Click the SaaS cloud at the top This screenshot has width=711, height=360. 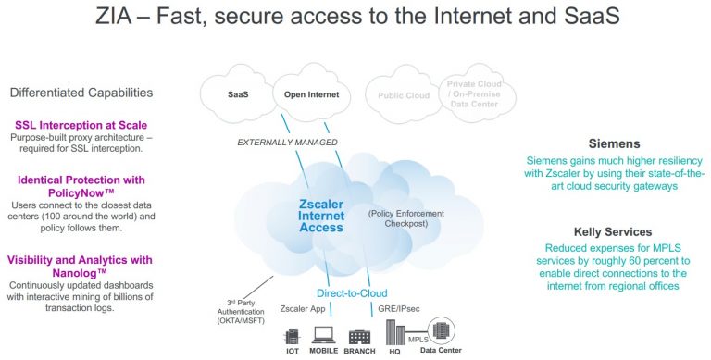click(x=239, y=94)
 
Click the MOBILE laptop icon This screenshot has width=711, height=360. click(x=324, y=335)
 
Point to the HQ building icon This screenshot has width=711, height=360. click(x=393, y=332)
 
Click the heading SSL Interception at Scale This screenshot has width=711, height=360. click(x=81, y=125)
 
